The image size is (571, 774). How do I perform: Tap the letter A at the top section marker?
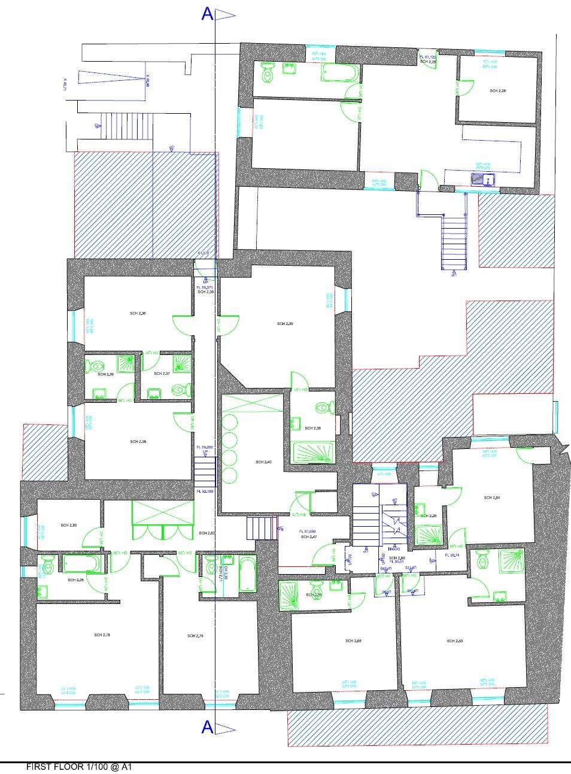click(207, 15)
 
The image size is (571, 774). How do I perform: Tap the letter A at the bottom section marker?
click(207, 727)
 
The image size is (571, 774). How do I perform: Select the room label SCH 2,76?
click(102, 635)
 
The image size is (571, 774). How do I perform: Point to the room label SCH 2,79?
click(195, 636)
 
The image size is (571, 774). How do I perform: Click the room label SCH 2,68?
click(353, 641)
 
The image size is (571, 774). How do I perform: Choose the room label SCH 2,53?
click(455, 641)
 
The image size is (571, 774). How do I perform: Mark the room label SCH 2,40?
click(263, 462)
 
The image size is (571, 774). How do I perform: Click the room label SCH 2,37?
click(162, 374)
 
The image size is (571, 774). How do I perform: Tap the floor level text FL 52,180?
click(205, 491)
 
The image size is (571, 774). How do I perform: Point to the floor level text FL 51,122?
click(428, 56)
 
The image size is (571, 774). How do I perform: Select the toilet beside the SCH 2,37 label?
click(178, 390)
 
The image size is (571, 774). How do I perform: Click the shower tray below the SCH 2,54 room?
click(429, 535)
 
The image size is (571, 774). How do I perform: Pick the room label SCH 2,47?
click(308, 537)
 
